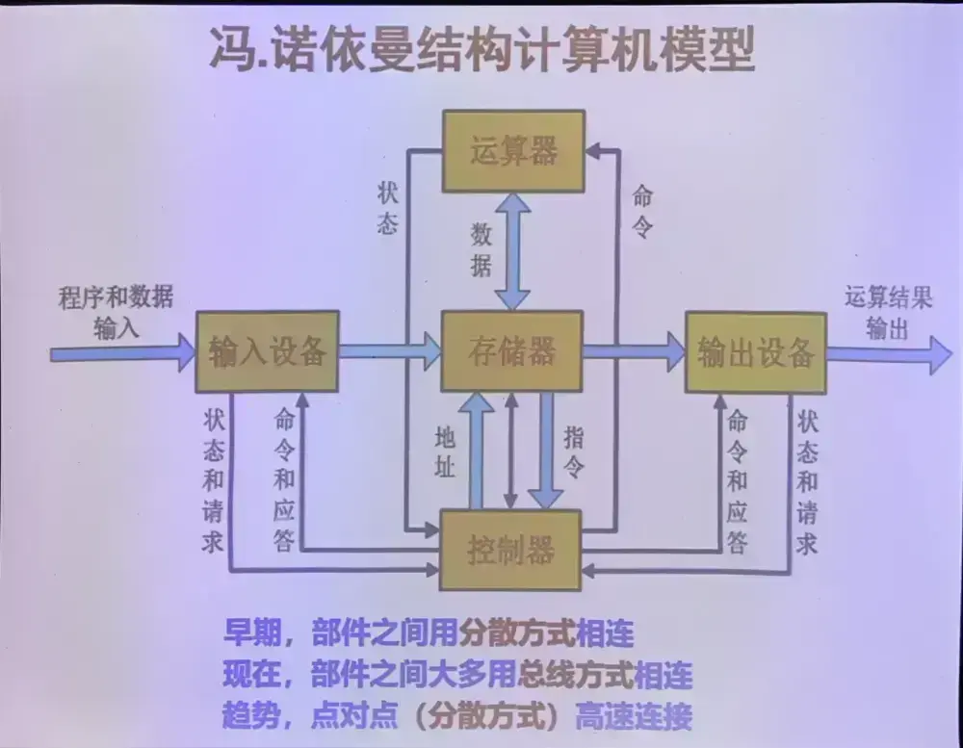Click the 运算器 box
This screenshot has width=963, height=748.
(x=513, y=151)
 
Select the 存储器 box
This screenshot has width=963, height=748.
(x=511, y=350)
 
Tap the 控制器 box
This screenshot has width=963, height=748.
(x=510, y=551)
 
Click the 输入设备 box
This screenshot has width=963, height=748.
(x=267, y=350)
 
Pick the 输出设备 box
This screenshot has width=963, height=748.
(x=756, y=352)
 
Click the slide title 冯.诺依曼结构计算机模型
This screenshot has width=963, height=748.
(x=481, y=50)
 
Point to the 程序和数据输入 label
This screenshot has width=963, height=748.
(x=117, y=311)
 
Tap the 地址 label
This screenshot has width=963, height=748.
(x=444, y=452)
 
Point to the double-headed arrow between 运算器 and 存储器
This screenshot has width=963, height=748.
(x=512, y=249)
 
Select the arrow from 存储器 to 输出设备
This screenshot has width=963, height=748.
(x=633, y=351)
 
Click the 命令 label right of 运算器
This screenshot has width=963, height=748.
(x=641, y=213)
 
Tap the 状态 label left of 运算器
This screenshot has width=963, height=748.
(x=387, y=206)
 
